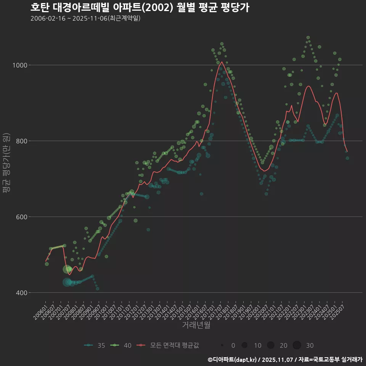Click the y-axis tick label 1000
pyautogui.click(x=20, y=65)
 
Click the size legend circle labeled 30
pyautogui.click(x=297, y=345)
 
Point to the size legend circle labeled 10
pyautogui.click(x=245, y=345)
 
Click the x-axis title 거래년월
pyautogui.click(x=196, y=325)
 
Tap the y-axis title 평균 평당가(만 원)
pyautogui.click(x=6, y=164)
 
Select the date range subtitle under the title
pyautogui.click(x=85, y=18)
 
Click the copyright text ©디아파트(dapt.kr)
pyautogui.click(x=233, y=360)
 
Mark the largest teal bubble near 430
pyautogui.click(x=67, y=282)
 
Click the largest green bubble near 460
pyautogui.click(x=67, y=269)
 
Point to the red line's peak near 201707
pyautogui.click(x=221, y=62)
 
